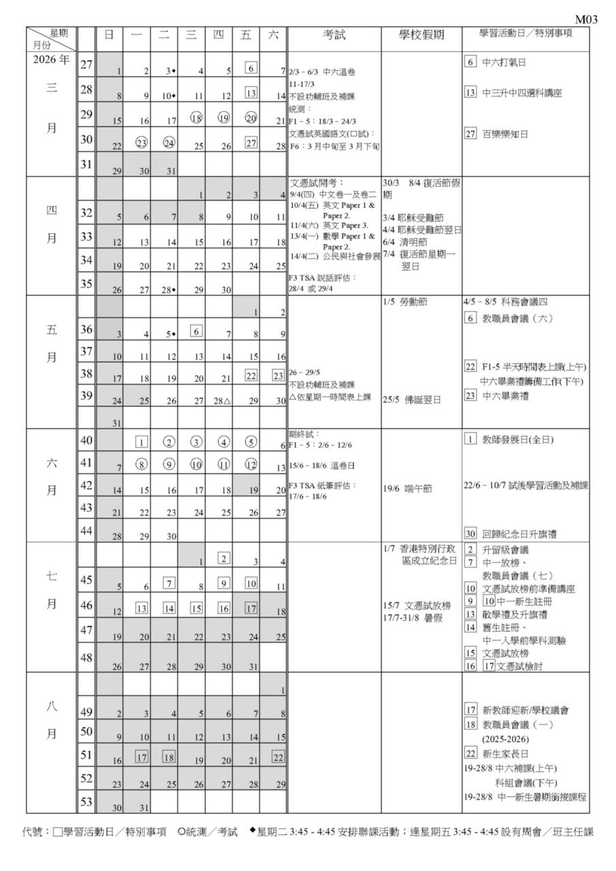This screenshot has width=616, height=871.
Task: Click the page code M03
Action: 587,19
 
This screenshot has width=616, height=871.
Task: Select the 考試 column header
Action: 334,36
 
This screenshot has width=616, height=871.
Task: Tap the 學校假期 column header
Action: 421,36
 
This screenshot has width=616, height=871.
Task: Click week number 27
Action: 86,65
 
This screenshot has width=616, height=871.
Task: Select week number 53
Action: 86,802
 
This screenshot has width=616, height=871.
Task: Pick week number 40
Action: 86,441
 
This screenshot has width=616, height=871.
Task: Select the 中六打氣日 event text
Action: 504,63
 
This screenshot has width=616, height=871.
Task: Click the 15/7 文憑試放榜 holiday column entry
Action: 417,606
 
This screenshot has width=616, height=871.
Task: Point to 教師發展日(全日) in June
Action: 518,440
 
